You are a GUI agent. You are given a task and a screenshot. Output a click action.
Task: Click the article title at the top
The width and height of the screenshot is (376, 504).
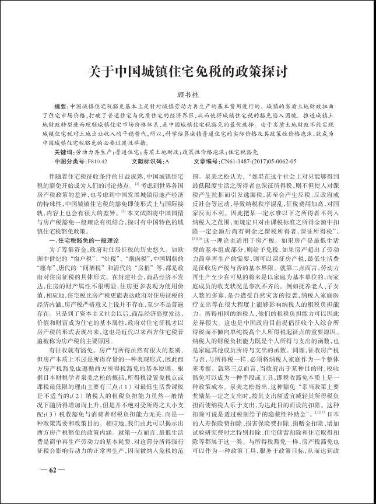[188, 72]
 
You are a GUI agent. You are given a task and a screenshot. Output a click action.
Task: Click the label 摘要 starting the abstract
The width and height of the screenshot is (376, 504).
[60, 107]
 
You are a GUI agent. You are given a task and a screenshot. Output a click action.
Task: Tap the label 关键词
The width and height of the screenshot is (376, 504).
[64, 150]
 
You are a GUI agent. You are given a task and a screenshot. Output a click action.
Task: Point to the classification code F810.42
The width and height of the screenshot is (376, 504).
[97, 160]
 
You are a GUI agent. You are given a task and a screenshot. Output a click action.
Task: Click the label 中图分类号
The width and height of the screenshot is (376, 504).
[69, 160]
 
